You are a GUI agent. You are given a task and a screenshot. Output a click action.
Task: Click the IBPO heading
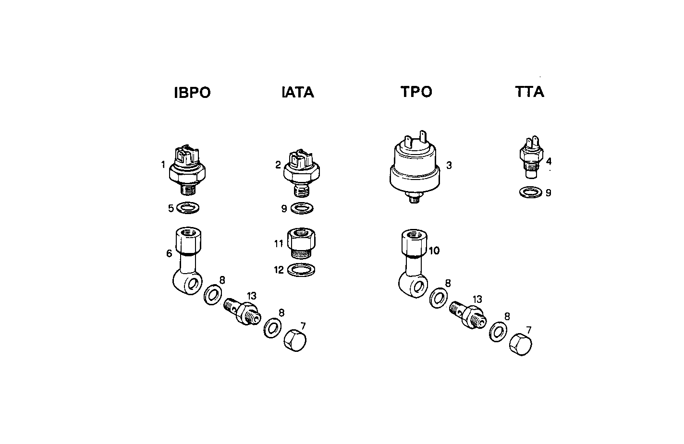[x=192, y=93]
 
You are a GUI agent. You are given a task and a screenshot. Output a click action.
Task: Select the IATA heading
[x=297, y=92]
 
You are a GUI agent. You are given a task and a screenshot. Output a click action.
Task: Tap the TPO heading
[x=416, y=92]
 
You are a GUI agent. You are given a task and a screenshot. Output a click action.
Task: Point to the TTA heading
[x=529, y=92]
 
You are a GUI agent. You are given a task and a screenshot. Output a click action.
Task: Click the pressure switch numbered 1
[x=188, y=171]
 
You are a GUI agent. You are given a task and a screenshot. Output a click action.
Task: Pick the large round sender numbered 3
[x=414, y=168]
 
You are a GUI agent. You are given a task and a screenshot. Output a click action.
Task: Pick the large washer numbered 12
[x=301, y=270]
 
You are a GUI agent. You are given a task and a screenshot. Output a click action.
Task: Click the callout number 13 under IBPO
[x=252, y=295]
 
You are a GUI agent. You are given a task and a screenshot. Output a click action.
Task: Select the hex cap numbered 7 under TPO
[x=520, y=344]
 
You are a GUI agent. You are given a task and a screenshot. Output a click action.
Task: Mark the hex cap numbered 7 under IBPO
[x=295, y=340]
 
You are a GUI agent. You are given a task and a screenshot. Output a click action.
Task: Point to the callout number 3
[x=449, y=166]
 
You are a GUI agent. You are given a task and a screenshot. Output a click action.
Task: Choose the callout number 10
[x=434, y=251]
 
